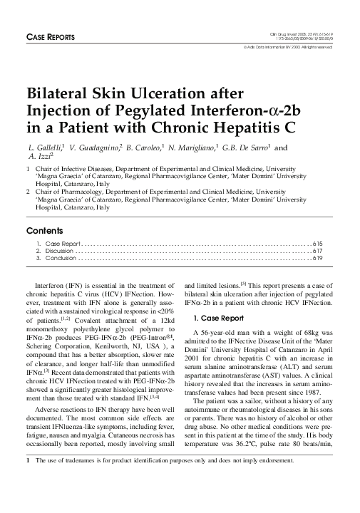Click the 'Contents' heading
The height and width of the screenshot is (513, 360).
43,232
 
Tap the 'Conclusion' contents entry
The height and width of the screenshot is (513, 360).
57,259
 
